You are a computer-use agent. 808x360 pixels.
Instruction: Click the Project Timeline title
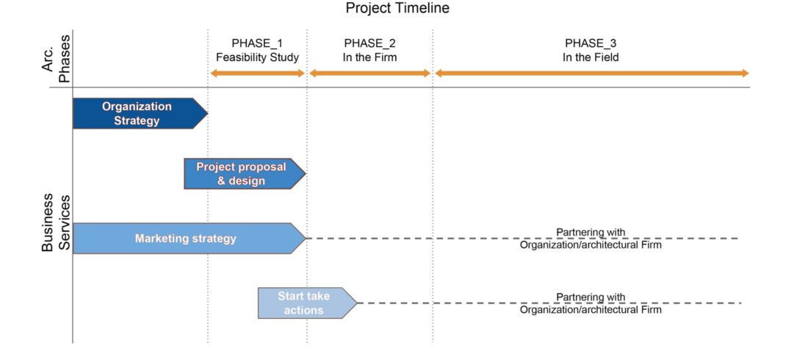[397, 9]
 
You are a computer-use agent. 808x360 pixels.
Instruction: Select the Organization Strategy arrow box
[140, 113]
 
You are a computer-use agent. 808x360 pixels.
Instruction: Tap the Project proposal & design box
[245, 174]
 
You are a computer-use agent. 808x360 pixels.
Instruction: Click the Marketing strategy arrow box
[189, 238]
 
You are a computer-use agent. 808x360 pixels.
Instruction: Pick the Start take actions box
[307, 303]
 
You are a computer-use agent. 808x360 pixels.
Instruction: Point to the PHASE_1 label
[257, 43]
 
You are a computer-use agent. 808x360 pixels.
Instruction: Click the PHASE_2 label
[370, 43]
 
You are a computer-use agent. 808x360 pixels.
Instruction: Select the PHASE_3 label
[591, 43]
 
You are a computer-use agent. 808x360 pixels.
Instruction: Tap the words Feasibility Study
[257, 57]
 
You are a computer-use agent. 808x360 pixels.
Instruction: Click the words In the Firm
[370, 57]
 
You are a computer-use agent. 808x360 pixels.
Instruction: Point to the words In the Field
[591, 57]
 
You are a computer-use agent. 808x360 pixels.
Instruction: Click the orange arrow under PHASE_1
[257, 73]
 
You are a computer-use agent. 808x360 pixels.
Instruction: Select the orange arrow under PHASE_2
[369, 73]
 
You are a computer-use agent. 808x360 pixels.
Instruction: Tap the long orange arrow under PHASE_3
[591, 73]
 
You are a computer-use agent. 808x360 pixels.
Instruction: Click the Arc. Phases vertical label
[57, 57]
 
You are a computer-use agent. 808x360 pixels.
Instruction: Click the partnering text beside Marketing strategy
[591, 239]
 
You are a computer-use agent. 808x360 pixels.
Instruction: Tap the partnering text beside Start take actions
[591, 303]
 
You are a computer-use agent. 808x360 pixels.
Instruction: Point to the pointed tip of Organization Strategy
[207, 113]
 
